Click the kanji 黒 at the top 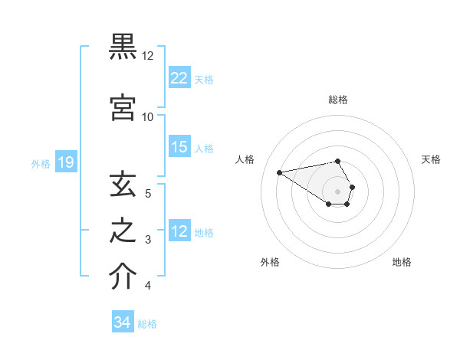pos(123,47)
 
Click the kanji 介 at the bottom pos(123,277)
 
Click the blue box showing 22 pos(179,77)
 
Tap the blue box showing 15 pos(179,147)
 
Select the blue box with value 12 pos(179,231)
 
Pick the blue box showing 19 pos(65,162)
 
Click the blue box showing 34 pos(123,322)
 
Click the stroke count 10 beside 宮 pos(147,117)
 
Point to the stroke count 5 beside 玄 pos(147,194)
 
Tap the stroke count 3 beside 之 pos(147,240)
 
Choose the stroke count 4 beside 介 pos(147,286)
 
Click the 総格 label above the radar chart pos(337,100)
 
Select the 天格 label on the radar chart pos(431,159)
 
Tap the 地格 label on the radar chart pos(402,262)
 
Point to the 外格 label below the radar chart pos(270,262)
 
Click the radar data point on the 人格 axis pos(280,172)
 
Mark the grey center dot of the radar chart pos(337,191)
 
